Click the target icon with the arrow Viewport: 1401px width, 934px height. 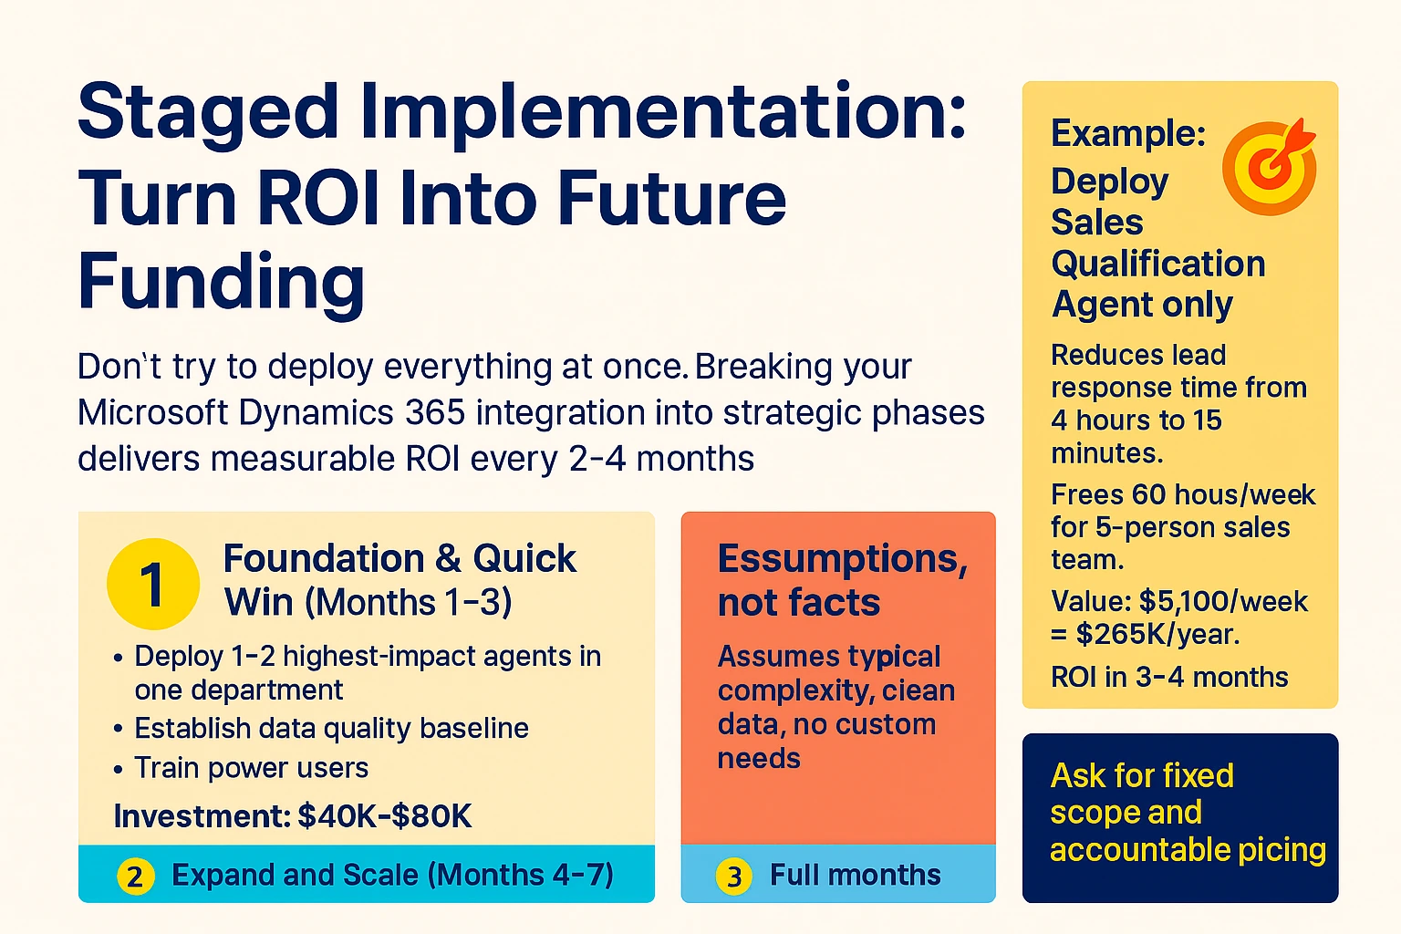click(x=1269, y=167)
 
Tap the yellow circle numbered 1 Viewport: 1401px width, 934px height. click(x=153, y=584)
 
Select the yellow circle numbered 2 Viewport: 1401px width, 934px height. click(x=135, y=877)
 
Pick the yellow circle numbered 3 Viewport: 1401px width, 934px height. click(x=734, y=877)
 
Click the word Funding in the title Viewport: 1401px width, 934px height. click(x=221, y=283)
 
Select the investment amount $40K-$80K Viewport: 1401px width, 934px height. click(x=385, y=816)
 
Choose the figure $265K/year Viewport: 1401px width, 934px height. click(x=1157, y=634)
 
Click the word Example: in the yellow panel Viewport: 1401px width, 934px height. click(x=1128, y=134)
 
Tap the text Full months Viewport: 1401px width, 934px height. click(x=855, y=876)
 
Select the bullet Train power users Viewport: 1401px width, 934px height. click(x=251, y=768)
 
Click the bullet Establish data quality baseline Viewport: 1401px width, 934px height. click(x=331, y=729)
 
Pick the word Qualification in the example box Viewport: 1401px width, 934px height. click(x=1157, y=265)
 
